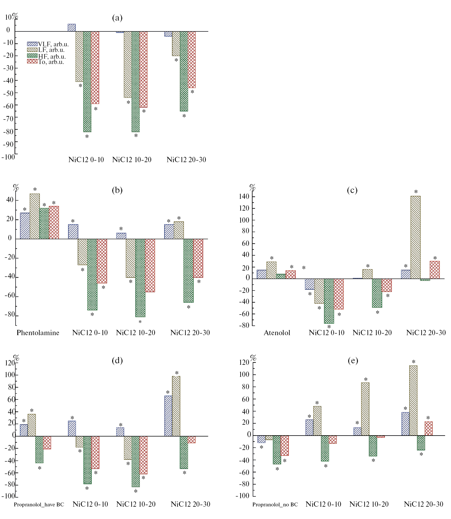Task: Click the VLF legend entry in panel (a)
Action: coord(48,44)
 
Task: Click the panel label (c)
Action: coord(352,190)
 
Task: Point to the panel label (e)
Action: coord(353,360)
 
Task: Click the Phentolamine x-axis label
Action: coord(38,333)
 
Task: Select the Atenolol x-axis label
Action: coord(277,333)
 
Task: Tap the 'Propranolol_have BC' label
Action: coord(39,505)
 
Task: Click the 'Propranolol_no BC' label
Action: coord(275,505)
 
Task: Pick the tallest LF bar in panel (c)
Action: coord(415,237)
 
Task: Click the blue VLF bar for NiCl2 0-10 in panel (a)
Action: coord(72,28)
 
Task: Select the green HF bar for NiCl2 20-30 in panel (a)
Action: coord(184,71)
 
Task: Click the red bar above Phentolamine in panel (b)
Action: coord(54,222)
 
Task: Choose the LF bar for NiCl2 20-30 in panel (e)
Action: coord(413,400)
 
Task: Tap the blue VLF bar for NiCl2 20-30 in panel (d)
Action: coord(168,416)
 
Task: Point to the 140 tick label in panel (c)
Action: coord(244,196)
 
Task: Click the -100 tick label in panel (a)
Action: coord(8,157)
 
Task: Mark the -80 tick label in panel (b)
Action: coord(9,315)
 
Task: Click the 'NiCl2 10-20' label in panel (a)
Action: coord(132,160)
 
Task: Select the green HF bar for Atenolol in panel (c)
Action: coord(281,276)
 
